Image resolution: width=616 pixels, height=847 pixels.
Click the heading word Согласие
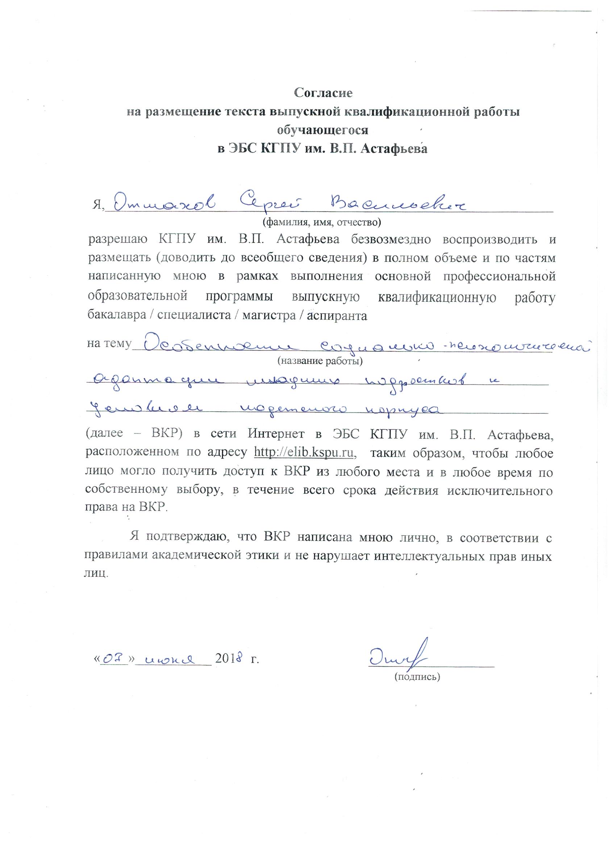(x=323, y=93)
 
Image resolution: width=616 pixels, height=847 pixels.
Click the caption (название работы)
(x=320, y=361)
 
